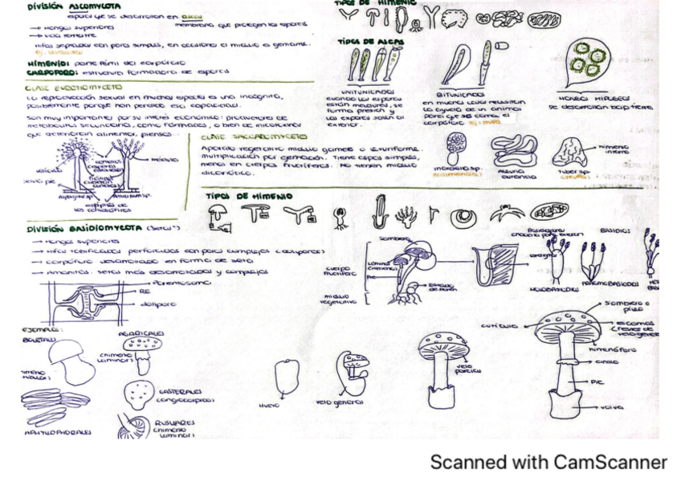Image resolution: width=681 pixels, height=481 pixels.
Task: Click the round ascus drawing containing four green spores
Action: coord(592,60)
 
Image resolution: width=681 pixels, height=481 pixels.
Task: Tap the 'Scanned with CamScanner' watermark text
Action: coord(548,463)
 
